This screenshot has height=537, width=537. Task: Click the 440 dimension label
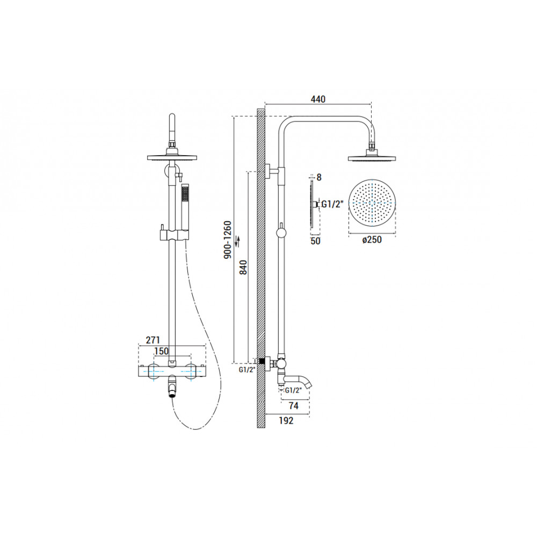[318, 99]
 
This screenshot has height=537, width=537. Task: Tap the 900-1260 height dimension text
[228, 240]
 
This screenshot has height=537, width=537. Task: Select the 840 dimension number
[243, 267]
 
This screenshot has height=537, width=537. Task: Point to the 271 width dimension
[153, 340]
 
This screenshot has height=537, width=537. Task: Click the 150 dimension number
[161, 351]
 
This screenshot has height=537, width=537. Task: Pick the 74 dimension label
[294, 406]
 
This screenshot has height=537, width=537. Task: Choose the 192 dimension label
[286, 420]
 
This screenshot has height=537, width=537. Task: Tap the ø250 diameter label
[372, 240]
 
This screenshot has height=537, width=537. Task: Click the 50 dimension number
[315, 241]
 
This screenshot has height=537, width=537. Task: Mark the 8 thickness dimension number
[319, 177]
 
